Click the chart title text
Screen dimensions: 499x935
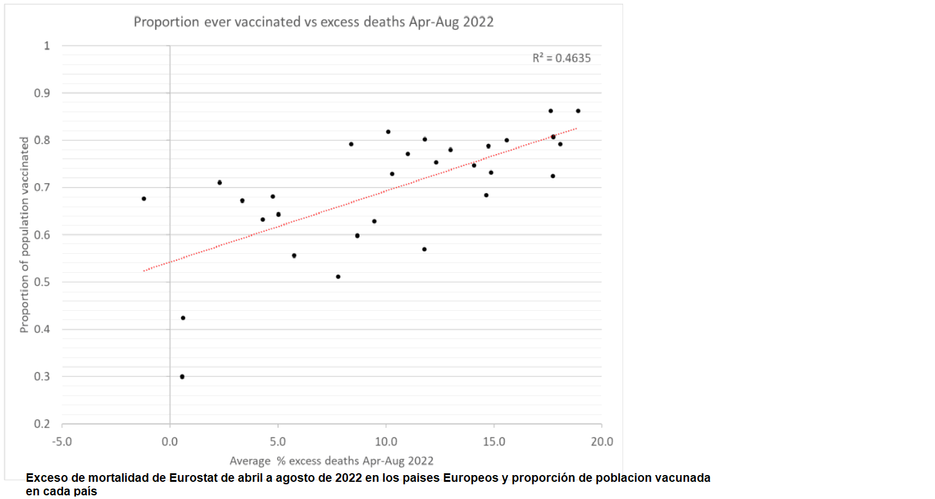point(313,22)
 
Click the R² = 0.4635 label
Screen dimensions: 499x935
point(561,58)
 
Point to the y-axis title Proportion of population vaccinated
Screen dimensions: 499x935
point(25,235)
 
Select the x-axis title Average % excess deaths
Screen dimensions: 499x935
point(331,461)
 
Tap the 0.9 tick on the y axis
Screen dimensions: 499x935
point(42,93)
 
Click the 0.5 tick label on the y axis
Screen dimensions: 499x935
point(42,282)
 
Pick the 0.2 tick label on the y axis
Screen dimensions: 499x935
point(42,424)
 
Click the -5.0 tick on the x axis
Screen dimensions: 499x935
point(62,441)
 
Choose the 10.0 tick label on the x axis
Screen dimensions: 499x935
point(386,441)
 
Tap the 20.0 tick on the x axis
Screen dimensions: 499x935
point(602,441)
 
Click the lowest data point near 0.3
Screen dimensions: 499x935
point(182,376)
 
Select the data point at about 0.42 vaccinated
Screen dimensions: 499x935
point(183,318)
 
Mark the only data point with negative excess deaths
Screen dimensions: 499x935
point(144,199)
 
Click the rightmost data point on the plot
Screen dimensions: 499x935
point(578,111)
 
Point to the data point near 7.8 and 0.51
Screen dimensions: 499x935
point(338,276)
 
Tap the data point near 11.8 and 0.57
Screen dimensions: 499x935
point(424,249)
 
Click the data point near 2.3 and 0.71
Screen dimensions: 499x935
point(219,183)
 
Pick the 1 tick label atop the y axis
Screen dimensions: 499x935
point(47,46)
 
